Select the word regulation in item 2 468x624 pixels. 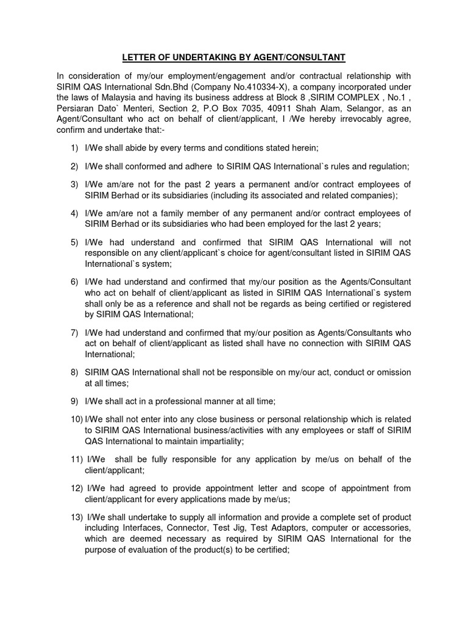pyautogui.click(x=387, y=166)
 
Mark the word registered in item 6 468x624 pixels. pyautogui.click(x=388, y=303)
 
